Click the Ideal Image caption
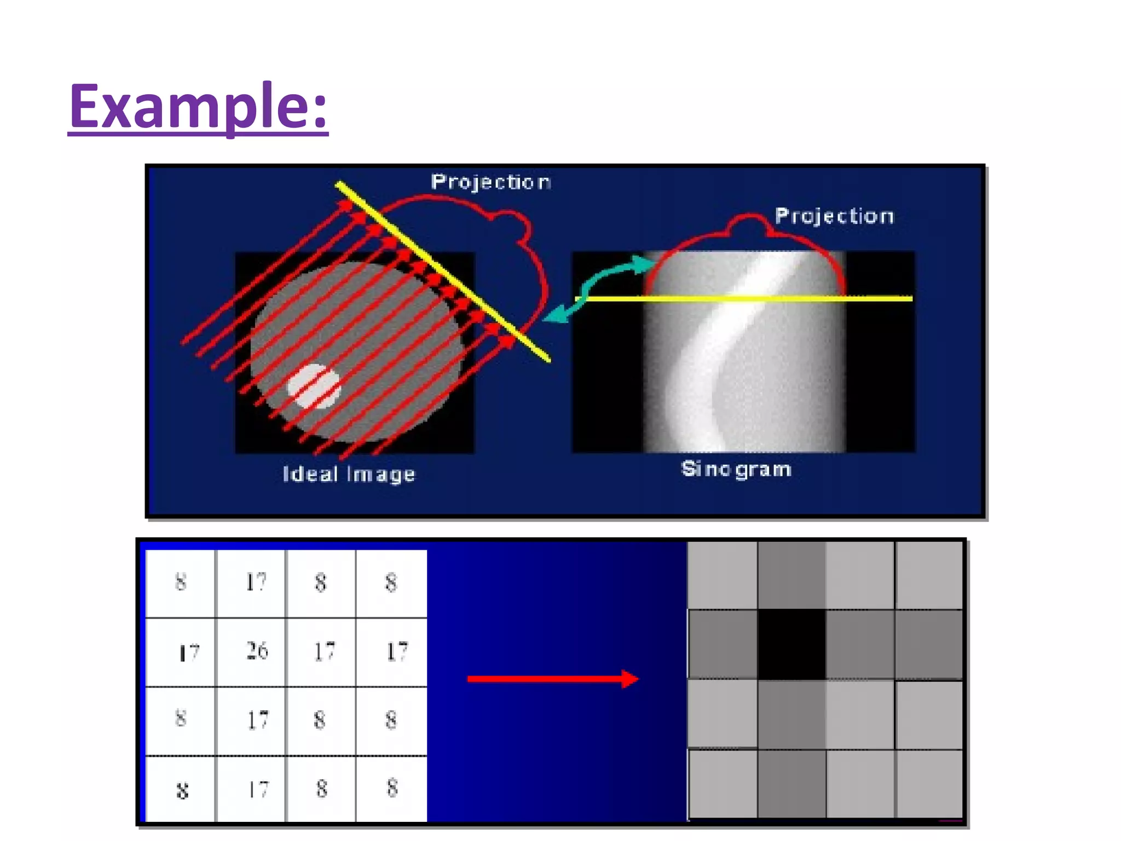click(349, 474)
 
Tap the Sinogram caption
click(736, 469)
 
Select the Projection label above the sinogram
click(834, 216)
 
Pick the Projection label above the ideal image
click(490, 182)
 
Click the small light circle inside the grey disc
click(314, 386)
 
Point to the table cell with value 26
click(256, 651)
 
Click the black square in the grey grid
click(791, 644)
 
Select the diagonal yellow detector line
click(443, 272)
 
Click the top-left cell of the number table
click(181, 583)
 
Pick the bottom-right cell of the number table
click(391, 788)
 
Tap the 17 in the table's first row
click(256, 582)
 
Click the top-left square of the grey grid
click(723, 575)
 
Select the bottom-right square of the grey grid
click(929, 784)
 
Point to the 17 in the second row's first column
click(189, 653)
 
